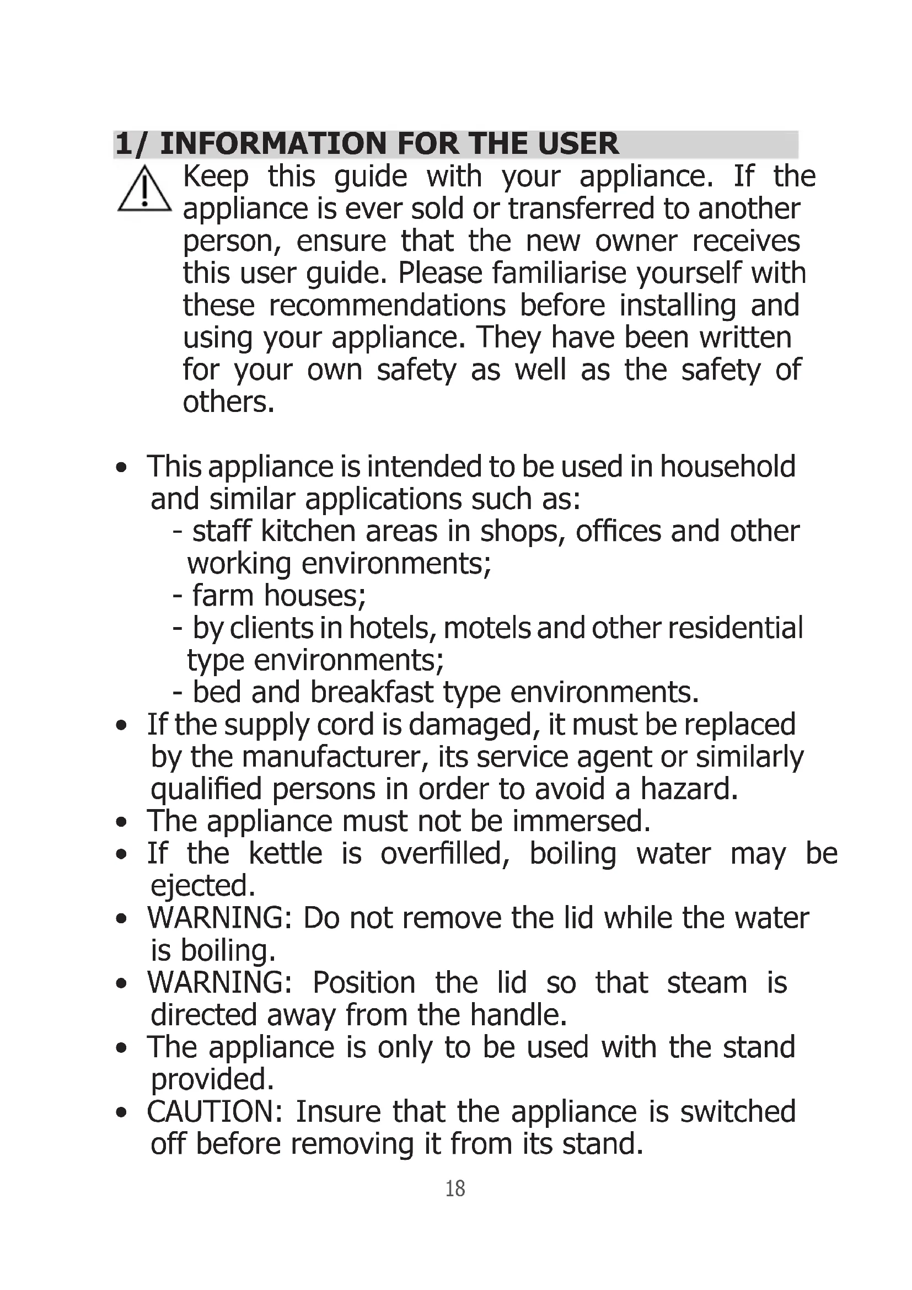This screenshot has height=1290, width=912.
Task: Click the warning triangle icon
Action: coord(144,190)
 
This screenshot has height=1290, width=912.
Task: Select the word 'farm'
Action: coord(223,596)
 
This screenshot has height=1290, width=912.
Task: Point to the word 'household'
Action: coord(727,467)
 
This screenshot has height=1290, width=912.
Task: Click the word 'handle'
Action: coord(518,1015)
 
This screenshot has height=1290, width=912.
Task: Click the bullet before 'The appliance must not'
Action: coord(121,822)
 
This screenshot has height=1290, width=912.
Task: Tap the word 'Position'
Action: coord(364,983)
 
